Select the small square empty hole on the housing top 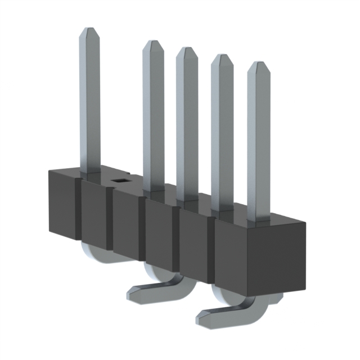tap(119, 181)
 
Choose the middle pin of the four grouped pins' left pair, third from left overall tap(187, 124)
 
